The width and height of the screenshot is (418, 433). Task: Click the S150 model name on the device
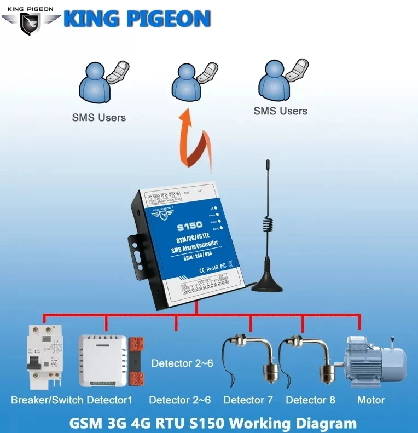(189, 225)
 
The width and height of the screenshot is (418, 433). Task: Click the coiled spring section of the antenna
(268, 224)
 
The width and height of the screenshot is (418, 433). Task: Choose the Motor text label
(370, 400)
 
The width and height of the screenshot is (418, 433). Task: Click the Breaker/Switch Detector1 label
(72, 400)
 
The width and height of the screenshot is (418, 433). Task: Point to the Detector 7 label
(248, 400)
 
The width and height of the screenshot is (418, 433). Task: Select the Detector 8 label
(310, 400)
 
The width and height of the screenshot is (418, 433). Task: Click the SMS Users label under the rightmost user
(280, 111)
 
